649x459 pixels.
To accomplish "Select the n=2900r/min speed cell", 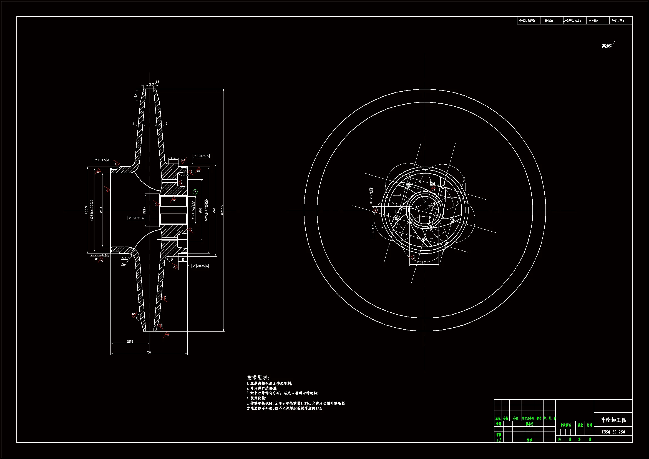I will click(x=572, y=21).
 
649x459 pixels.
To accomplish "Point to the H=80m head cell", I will click(x=549, y=21).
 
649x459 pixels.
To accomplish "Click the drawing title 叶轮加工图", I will click(x=613, y=420).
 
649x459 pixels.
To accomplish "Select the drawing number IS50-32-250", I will click(x=613, y=432).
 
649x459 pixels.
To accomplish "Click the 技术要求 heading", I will click(x=258, y=378).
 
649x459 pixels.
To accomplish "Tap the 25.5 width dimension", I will click(x=130, y=342).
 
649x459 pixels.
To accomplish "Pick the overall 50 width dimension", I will click(x=149, y=352).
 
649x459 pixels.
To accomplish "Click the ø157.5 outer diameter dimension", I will click(x=222, y=210).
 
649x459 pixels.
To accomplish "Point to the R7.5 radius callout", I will click(x=124, y=258).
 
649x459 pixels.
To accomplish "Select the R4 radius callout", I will click(x=123, y=264).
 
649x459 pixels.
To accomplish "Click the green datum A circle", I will click(x=195, y=192).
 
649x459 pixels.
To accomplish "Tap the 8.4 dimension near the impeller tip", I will click(x=135, y=96).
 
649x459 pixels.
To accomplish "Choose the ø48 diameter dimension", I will click(x=101, y=210).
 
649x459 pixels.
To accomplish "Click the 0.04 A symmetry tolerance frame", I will click(x=373, y=231).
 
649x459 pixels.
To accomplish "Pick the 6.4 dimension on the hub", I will click(x=173, y=158).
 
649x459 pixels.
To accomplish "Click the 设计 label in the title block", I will click(x=499, y=424).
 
